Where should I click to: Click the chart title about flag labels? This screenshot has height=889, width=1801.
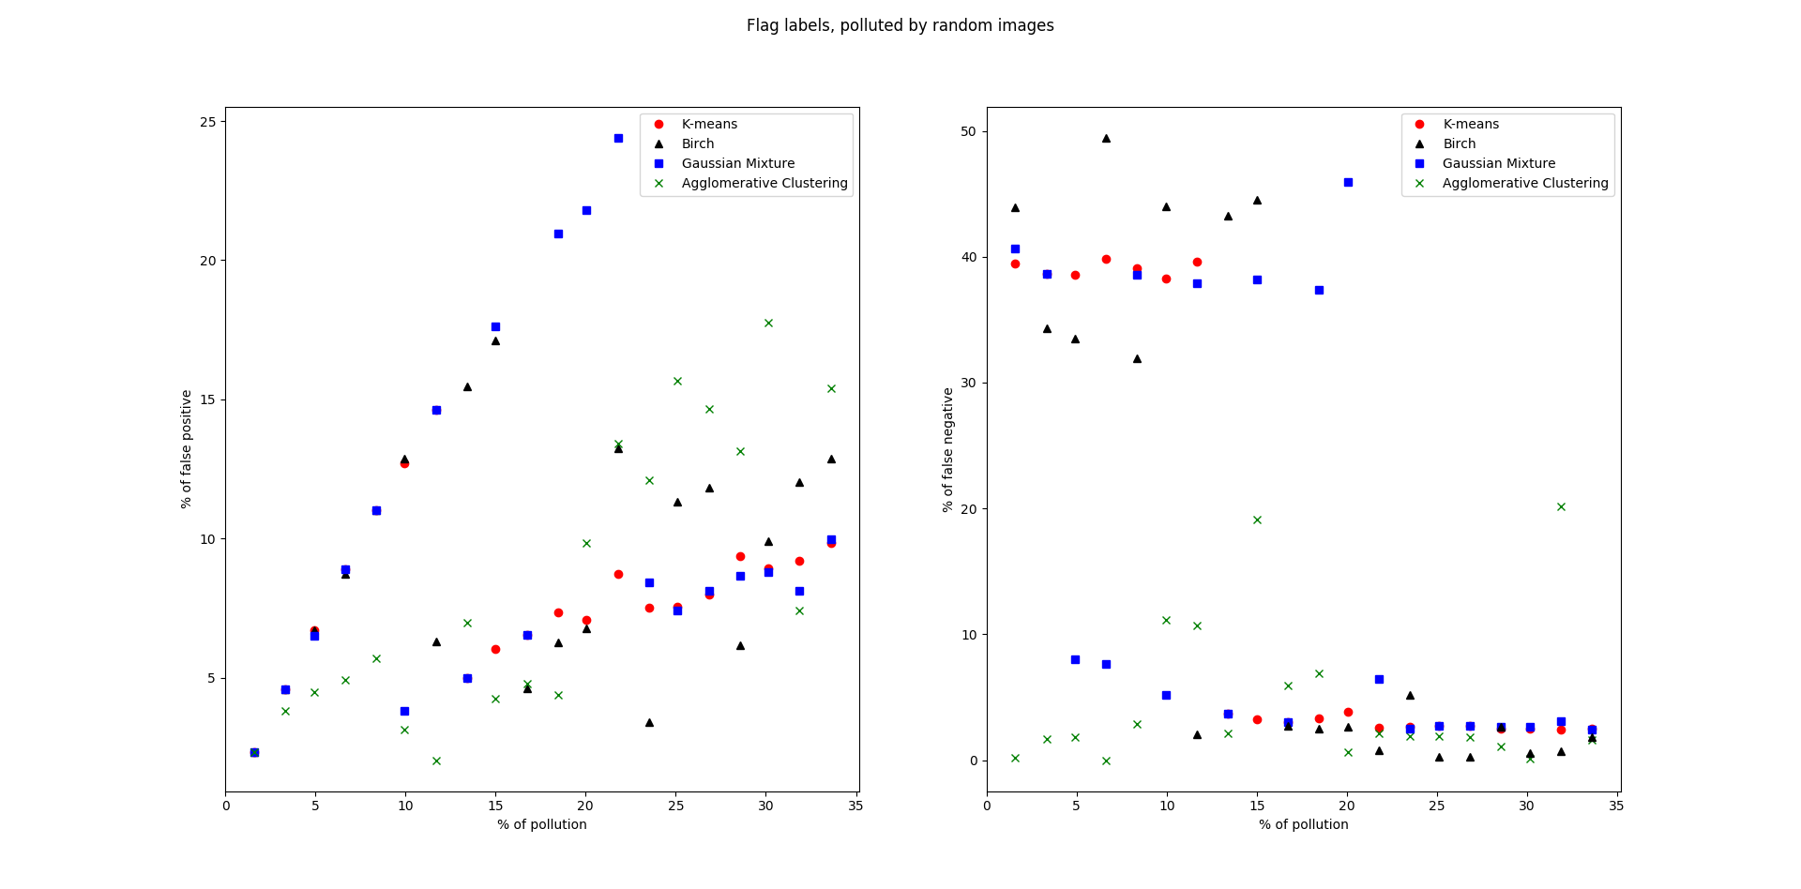[900, 25]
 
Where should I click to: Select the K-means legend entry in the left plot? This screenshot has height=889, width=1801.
[708, 124]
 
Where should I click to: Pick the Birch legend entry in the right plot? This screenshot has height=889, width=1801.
[1459, 143]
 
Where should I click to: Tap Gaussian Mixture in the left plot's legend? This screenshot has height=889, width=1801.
[737, 163]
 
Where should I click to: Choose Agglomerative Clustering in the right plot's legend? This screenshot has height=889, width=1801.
[1524, 183]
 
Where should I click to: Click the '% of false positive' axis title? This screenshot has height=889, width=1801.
[187, 449]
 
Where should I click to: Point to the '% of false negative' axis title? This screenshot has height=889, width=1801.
[948, 449]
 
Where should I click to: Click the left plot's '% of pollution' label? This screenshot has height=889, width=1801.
[542, 824]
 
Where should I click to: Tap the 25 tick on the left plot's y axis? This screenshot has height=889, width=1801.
[207, 122]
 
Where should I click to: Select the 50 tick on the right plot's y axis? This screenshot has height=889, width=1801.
[968, 131]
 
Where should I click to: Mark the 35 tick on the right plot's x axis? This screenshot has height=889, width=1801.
[1616, 806]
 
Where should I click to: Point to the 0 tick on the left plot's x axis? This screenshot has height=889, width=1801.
[226, 806]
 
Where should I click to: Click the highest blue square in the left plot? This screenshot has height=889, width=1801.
[618, 138]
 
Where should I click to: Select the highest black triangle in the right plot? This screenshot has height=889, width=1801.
[1106, 138]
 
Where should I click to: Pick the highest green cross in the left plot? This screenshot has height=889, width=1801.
[768, 323]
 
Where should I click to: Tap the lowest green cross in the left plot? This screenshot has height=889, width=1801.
[436, 761]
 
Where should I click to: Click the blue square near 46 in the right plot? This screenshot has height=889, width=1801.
[1348, 182]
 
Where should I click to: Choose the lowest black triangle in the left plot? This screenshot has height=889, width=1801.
[649, 722]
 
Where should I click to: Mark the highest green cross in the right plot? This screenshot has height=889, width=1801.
[1561, 506]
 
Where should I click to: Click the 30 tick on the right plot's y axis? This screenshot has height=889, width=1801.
[968, 383]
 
